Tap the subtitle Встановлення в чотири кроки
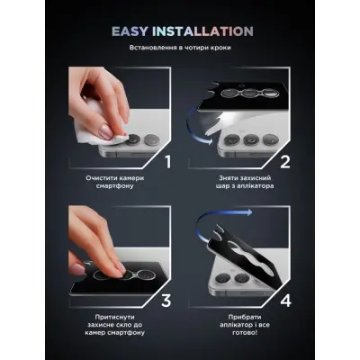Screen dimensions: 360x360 pyautogui.click(x=180, y=48)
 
